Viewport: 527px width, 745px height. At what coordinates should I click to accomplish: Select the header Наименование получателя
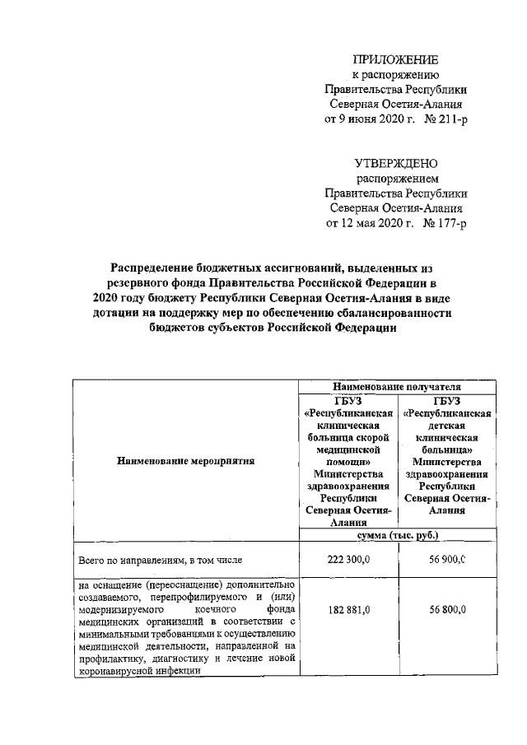[396, 385]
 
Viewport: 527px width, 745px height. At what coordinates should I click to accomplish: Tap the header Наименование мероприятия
[186, 461]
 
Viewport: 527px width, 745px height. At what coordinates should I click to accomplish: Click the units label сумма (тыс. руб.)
[396, 535]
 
